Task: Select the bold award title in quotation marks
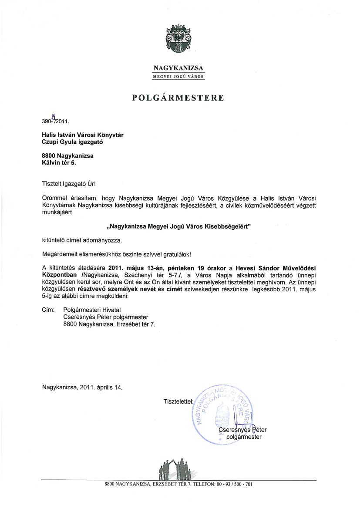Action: pyautogui.click(x=180, y=227)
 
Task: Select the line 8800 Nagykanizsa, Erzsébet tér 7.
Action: pyautogui.click(x=109, y=324)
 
